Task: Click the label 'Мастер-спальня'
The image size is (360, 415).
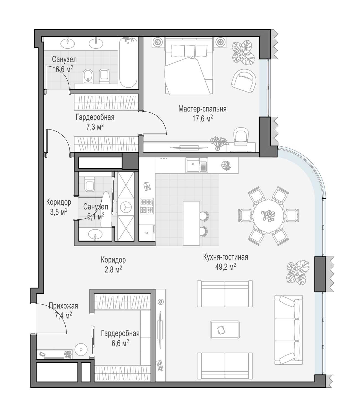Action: pos(202,109)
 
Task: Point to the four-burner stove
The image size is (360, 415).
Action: pos(147,206)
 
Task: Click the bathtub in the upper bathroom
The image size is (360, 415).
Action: pos(128,63)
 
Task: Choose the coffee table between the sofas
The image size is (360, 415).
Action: pos(225,330)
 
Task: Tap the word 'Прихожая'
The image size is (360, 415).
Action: pos(63,306)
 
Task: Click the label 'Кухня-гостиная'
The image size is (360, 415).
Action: pos(225,257)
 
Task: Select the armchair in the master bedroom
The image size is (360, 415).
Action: pos(244,81)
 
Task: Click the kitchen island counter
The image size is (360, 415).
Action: pos(191,223)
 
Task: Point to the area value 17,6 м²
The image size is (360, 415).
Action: pos(203,118)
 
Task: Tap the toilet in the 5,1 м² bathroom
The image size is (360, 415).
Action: pos(90,184)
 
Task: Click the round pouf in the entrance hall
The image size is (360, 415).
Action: pos(81,349)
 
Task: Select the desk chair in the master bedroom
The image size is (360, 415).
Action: pos(241,136)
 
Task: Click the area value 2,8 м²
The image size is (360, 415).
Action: pos(113,270)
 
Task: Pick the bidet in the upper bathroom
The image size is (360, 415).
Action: pos(88,76)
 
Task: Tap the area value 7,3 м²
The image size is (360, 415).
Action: pos(95,127)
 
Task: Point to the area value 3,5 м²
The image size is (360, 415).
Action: pos(59,212)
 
